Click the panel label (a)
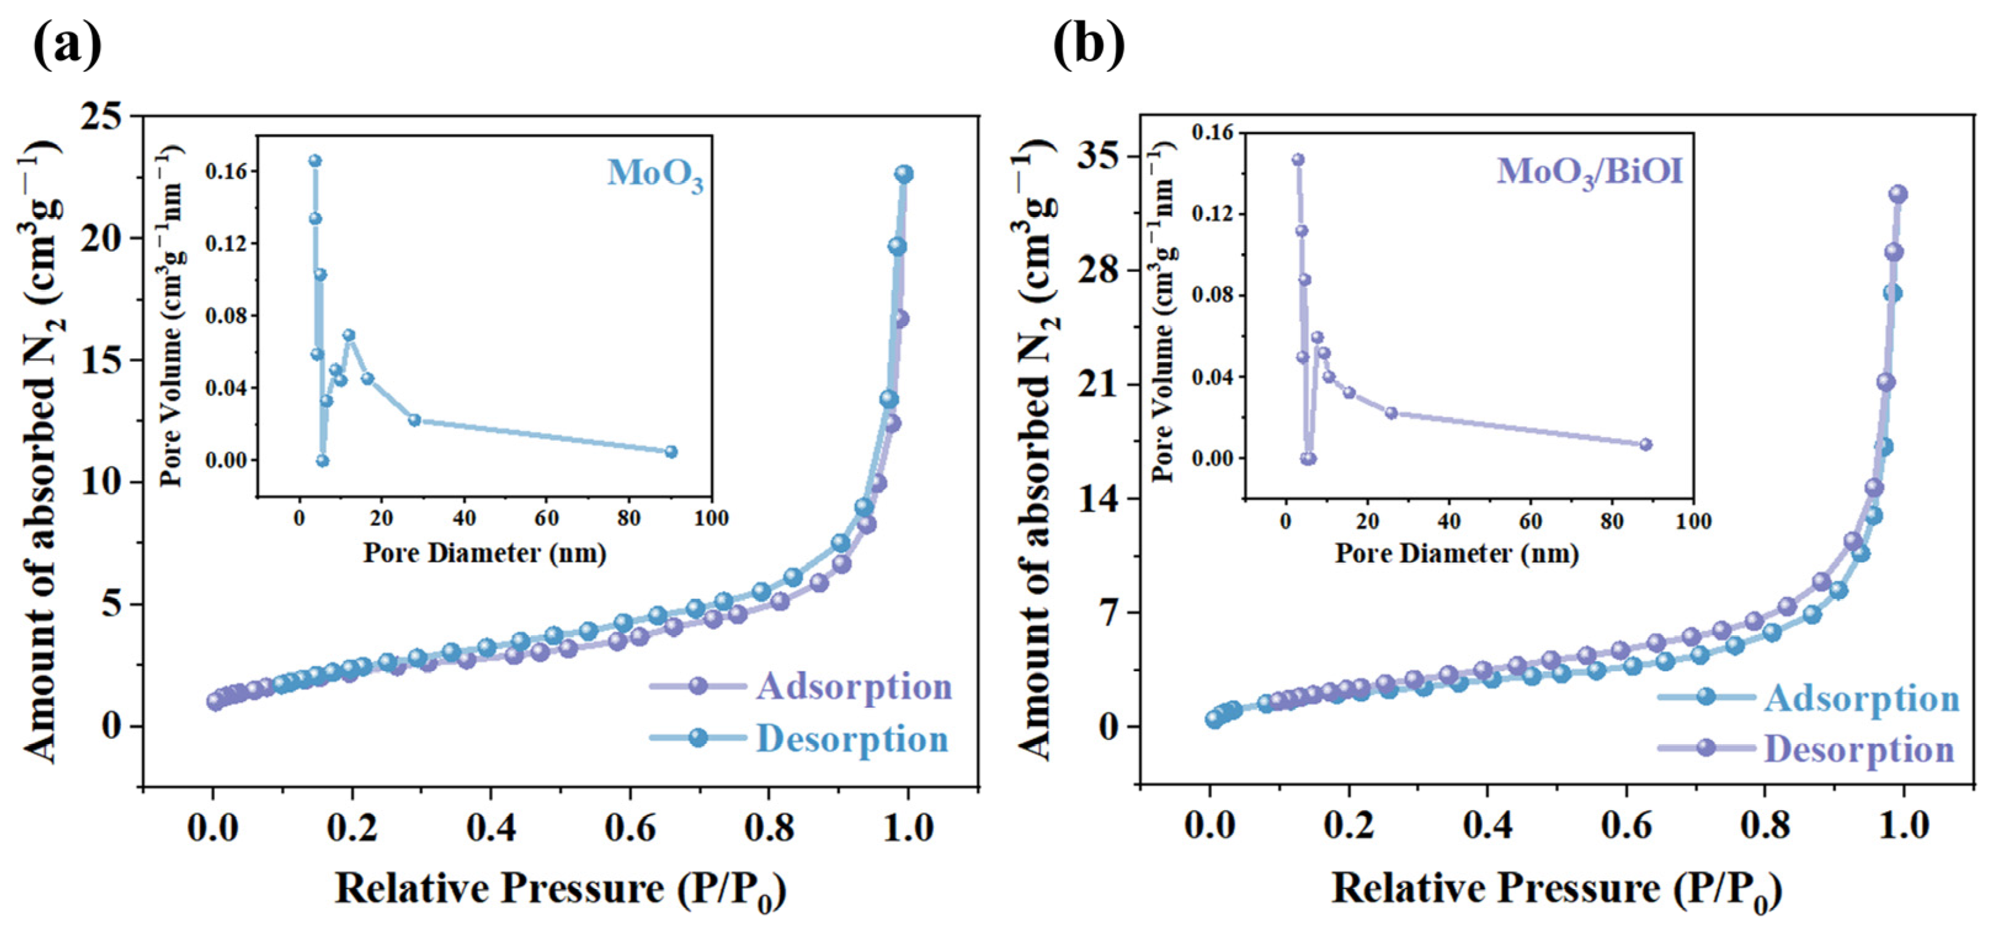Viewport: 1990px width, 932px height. (67, 45)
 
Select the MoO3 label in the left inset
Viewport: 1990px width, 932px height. (655, 175)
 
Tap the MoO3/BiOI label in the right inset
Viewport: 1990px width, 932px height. (1590, 172)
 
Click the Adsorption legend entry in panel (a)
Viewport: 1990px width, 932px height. (800, 686)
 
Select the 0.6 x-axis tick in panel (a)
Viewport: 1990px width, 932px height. (630, 828)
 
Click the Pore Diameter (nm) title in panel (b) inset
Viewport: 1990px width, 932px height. (1457, 553)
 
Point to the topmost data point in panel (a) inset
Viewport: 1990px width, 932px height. (315, 161)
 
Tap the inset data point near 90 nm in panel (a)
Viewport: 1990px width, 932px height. (672, 451)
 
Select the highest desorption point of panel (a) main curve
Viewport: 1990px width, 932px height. (904, 174)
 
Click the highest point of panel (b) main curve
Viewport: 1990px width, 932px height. (1897, 194)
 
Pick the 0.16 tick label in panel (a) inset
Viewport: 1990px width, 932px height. (225, 172)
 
